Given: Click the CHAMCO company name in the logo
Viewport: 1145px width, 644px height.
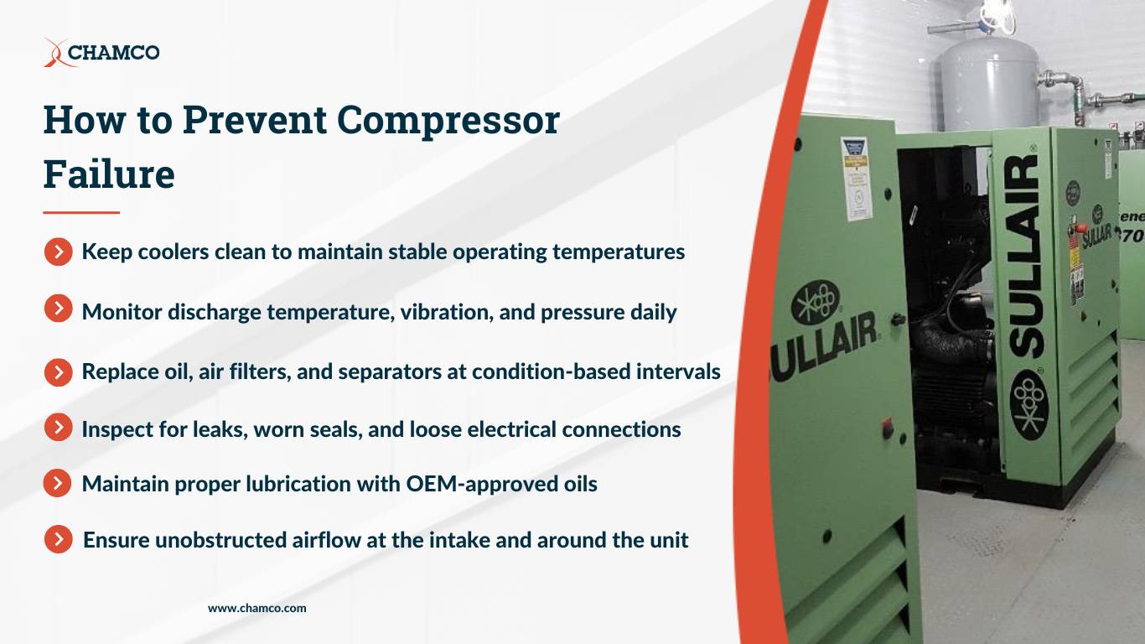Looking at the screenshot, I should tap(113, 53).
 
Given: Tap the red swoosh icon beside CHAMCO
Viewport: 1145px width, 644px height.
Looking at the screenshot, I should tap(54, 53).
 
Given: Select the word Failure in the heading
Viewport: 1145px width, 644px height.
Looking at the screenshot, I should tap(109, 174).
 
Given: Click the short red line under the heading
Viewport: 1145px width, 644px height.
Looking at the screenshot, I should tap(81, 213).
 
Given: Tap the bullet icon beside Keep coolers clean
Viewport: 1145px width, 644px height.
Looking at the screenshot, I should tap(58, 252).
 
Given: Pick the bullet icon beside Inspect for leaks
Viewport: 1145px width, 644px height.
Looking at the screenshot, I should tap(58, 428).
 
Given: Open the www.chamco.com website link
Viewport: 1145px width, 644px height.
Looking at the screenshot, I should tap(257, 608).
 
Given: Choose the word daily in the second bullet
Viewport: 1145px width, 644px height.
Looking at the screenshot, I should tap(653, 312).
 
